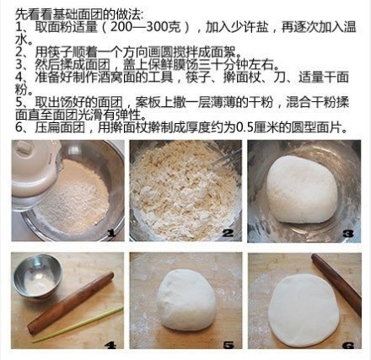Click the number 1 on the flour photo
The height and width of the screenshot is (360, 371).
pos(111,233)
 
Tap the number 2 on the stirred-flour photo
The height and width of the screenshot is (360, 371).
pos(228,233)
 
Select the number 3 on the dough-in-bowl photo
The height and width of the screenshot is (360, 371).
pos(348,234)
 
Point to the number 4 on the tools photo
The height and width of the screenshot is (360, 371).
pos(110,345)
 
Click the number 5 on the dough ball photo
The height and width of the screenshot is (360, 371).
pos(229,345)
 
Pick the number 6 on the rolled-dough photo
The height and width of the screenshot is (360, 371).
pos(348,345)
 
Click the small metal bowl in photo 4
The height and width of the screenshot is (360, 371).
pos(38,277)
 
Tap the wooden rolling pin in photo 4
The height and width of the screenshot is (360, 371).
pos(71,303)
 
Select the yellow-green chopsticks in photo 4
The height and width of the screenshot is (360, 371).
pos(78,325)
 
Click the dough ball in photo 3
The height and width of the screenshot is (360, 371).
pos(302,189)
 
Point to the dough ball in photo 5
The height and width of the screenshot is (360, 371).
pos(186,299)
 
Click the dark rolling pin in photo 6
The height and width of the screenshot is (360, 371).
pos(336,284)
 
